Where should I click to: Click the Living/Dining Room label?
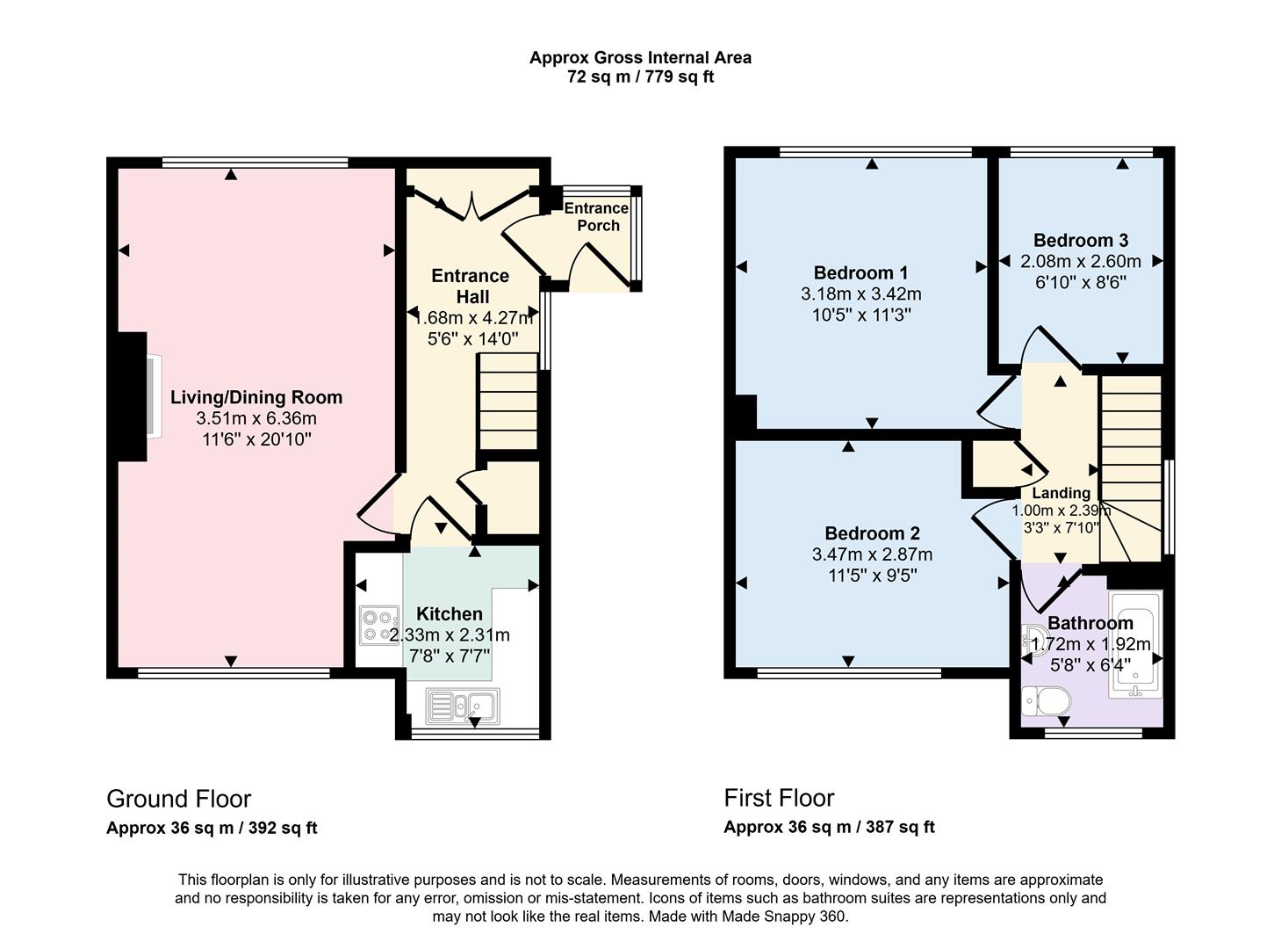pyautogui.click(x=255, y=397)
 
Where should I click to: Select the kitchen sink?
pyautogui.click(x=462, y=705)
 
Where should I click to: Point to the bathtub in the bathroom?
pyautogui.click(x=1135, y=644)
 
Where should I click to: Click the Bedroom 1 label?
pyautogui.click(x=860, y=272)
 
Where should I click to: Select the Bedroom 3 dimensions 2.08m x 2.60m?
pyautogui.click(x=1080, y=261)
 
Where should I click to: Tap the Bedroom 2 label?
pyautogui.click(x=872, y=533)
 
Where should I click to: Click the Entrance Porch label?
pyautogui.click(x=596, y=217)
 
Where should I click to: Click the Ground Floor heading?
pyautogui.click(x=178, y=799)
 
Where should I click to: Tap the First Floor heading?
pyautogui.click(x=779, y=798)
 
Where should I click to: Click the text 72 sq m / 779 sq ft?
pyautogui.click(x=640, y=77)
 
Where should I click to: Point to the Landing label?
pyautogui.click(x=1061, y=493)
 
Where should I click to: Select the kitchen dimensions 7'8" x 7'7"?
pyautogui.click(x=449, y=656)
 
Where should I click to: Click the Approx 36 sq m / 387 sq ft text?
pyautogui.click(x=829, y=827)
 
